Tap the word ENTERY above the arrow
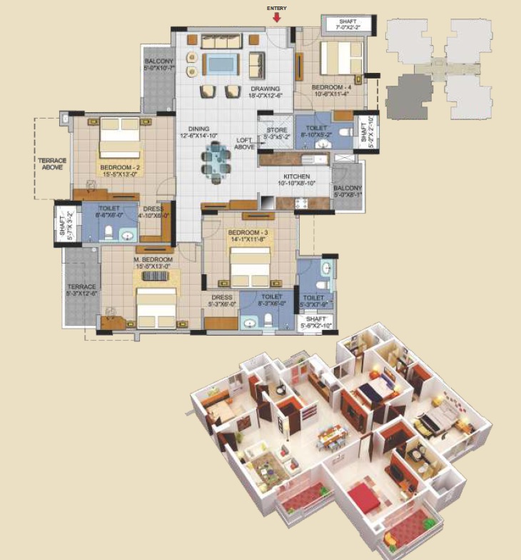pos(277,7)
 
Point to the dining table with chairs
pos(216,159)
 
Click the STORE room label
pos(276,133)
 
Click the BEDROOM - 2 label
pos(118,170)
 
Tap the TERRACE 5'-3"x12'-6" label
pos(81,287)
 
